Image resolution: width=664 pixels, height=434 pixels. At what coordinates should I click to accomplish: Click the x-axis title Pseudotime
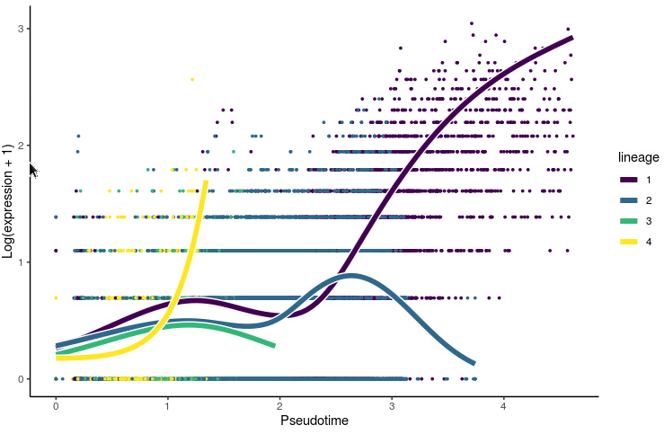coord(313,420)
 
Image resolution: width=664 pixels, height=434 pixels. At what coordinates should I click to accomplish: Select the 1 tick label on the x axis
coord(168,406)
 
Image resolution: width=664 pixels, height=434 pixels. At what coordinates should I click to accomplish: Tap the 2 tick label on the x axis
coord(279,406)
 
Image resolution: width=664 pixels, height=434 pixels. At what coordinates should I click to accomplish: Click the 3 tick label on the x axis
coord(392,406)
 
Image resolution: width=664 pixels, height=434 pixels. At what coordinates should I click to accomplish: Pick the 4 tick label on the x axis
coord(503,406)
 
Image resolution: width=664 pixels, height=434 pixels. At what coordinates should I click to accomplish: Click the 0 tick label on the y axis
coord(20,379)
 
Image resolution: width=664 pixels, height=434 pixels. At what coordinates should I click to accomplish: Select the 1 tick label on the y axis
coord(20,262)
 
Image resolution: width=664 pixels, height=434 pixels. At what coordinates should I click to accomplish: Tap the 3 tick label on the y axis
coord(20,29)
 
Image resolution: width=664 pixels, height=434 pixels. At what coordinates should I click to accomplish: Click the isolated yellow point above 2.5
coord(191,79)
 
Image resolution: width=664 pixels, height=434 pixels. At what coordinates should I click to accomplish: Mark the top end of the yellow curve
coord(207,182)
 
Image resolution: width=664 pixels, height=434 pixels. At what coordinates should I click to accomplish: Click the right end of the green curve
coord(273,345)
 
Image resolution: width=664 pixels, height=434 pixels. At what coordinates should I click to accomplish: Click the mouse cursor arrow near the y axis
coord(33,169)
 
